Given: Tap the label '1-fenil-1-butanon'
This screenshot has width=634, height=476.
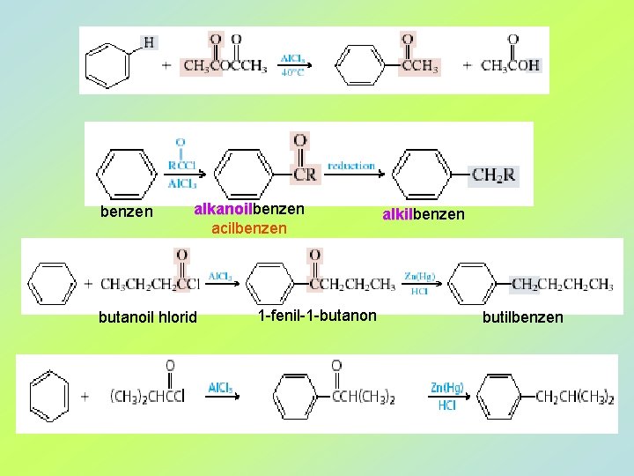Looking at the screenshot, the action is click(x=317, y=316).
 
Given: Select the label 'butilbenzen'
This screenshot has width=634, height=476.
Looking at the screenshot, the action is click(x=522, y=317).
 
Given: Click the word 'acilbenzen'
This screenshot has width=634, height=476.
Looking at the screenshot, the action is click(x=249, y=228).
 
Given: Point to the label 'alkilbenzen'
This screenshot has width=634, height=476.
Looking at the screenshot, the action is click(x=423, y=214).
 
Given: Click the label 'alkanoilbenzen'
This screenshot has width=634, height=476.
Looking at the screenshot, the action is click(x=249, y=210).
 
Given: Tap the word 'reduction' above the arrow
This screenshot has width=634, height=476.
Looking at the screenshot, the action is click(x=350, y=165).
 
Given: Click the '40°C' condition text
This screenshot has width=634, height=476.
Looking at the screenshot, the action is click(x=292, y=73).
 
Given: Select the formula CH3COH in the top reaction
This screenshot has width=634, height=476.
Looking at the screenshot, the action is click(x=511, y=65).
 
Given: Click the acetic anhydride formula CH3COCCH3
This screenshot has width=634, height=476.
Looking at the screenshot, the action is click(x=225, y=65).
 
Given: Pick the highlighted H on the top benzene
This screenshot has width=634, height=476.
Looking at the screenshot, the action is click(x=149, y=41).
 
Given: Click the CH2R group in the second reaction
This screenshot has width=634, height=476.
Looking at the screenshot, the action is click(x=493, y=175).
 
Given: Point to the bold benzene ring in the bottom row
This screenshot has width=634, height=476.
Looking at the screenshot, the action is click(x=48, y=395).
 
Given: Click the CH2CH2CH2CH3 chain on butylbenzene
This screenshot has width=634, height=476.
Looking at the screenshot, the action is click(x=562, y=284).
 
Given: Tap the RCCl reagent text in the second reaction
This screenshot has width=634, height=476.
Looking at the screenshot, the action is click(x=181, y=165).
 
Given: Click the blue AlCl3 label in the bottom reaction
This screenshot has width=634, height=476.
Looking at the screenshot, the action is click(x=220, y=388).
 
